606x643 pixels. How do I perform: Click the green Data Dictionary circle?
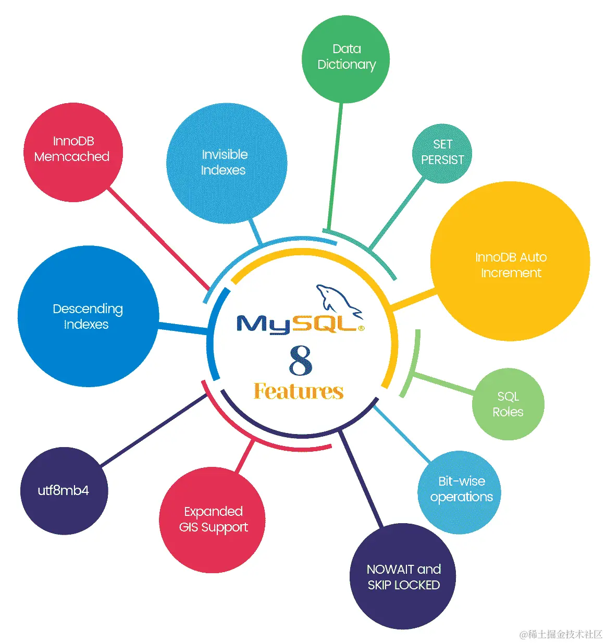[346, 58]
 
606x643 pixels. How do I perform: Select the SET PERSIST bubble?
[442, 153]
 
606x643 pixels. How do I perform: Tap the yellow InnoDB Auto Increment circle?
[510, 262]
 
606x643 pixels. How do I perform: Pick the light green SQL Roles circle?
[508, 404]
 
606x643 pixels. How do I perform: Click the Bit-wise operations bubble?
[459, 491]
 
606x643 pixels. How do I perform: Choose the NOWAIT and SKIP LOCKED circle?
[403, 576]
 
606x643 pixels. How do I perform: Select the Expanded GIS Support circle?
[212, 520]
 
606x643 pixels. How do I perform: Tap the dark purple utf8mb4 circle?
[64, 490]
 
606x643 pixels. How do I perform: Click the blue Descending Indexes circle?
[88, 316]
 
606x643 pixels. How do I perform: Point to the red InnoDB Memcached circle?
[73, 152]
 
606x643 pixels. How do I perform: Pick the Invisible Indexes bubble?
[226, 163]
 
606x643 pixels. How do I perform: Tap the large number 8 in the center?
[301, 360]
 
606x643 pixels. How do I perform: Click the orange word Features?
[299, 391]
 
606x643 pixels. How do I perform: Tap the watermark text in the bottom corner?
[561, 634]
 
